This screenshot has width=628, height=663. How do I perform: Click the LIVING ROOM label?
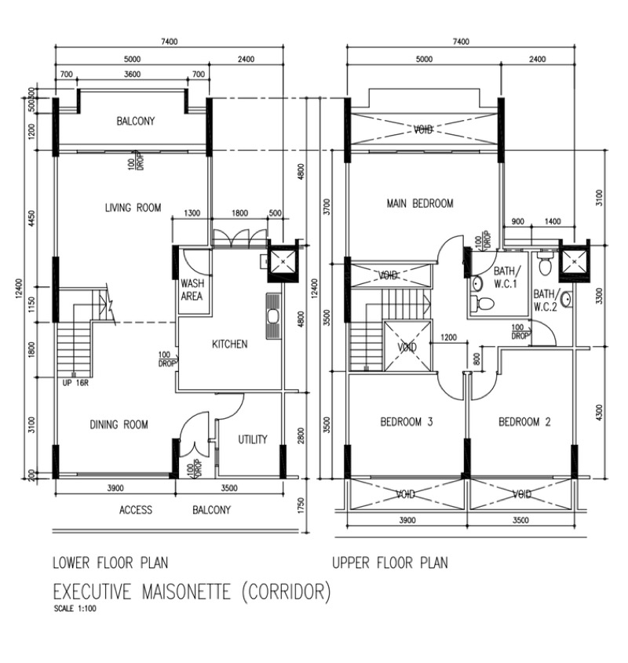133,208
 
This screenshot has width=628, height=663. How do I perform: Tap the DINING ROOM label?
118,424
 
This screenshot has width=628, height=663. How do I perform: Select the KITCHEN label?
229,344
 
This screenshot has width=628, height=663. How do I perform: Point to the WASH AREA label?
192,290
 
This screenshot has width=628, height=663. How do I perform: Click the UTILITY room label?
253,439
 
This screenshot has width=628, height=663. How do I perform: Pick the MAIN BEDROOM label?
420,203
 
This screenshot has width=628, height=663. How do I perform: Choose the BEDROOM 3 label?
407,422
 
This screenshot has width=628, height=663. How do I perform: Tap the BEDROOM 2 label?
524,422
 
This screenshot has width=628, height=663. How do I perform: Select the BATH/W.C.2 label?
545,301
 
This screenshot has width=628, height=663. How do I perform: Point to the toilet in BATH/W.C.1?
484,304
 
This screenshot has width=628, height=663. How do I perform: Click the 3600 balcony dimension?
132,75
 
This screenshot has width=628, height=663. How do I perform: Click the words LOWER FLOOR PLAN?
109,563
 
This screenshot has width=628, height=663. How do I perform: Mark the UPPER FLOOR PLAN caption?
389,563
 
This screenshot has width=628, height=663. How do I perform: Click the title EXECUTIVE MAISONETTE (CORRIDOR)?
192,590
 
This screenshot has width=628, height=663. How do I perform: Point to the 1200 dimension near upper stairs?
448,337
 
